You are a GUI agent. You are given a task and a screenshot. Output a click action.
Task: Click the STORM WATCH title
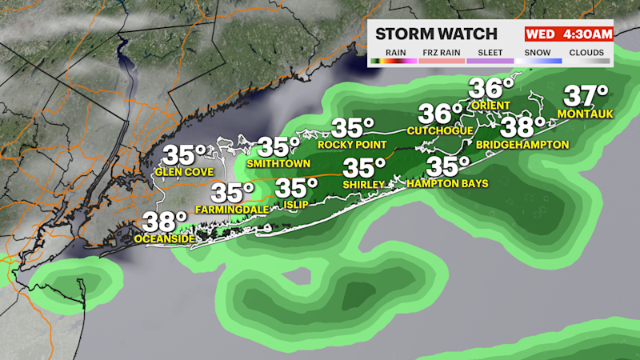436,34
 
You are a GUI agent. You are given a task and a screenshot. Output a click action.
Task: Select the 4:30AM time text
587,34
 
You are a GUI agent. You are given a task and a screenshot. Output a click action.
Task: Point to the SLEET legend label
490,53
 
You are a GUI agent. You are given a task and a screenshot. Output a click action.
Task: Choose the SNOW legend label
538,53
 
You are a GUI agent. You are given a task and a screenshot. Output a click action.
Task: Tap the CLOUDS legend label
586,53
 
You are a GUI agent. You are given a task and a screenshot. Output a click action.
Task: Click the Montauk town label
587,115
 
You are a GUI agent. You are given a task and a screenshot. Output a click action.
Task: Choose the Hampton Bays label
447,183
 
